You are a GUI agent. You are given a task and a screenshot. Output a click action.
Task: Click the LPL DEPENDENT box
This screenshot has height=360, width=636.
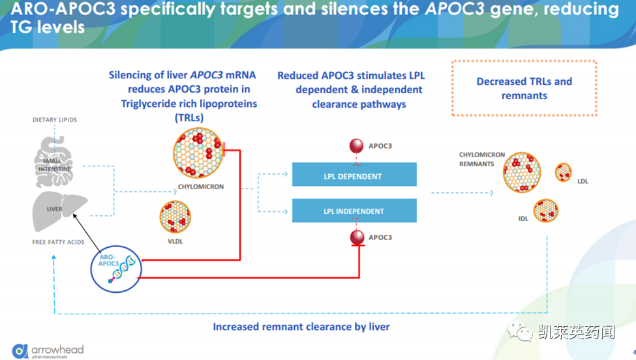(x=354, y=175)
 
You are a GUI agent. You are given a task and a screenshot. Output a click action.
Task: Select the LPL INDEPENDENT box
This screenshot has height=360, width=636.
(x=354, y=211)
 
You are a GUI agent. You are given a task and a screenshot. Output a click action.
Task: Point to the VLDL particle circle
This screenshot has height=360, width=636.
(x=174, y=217)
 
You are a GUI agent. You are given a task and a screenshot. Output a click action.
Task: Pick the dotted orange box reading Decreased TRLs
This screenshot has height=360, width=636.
(x=524, y=88)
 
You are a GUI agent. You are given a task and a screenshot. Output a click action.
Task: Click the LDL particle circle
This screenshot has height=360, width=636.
(x=563, y=172)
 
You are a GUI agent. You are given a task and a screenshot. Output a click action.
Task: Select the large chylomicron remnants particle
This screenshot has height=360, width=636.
(x=521, y=172)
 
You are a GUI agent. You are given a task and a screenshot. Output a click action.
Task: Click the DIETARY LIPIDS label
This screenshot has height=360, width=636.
(x=55, y=120)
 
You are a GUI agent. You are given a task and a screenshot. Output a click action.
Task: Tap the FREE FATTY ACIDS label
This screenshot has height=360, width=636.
(x=58, y=243)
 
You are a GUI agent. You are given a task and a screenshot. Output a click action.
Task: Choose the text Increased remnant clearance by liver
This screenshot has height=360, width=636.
(x=301, y=326)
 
